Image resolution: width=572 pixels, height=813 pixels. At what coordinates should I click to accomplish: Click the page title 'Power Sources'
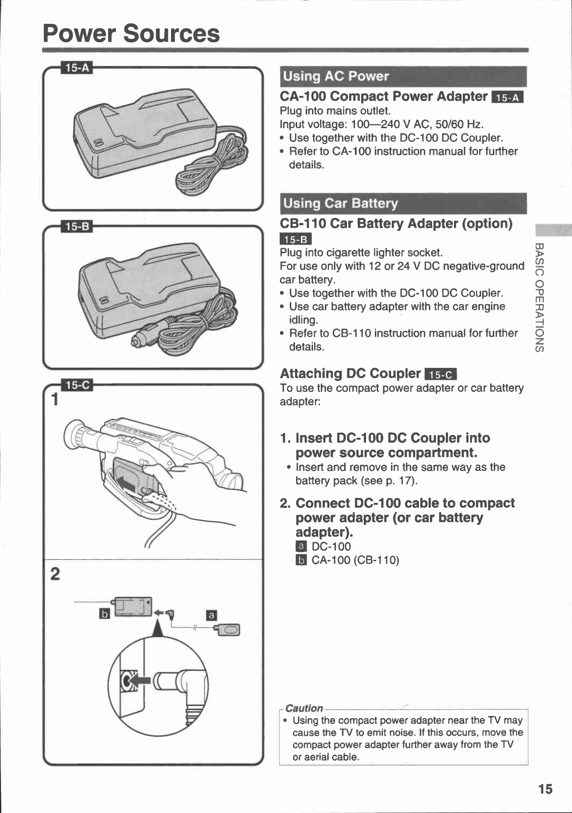pyautogui.click(x=131, y=33)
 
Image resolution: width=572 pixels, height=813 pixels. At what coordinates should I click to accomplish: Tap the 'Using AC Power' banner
pyautogui.click(x=336, y=76)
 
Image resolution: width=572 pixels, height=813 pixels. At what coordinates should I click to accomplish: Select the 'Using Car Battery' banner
pyautogui.click(x=340, y=203)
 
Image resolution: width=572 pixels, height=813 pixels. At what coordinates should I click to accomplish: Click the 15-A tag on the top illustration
pyautogui.click(x=77, y=68)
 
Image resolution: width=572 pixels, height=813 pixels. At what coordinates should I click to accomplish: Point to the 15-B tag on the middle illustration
pyautogui.click(x=77, y=227)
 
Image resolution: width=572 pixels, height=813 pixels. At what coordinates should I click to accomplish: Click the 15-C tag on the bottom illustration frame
pyautogui.click(x=77, y=385)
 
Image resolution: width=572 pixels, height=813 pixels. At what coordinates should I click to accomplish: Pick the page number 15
pyautogui.click(x=544, y=789)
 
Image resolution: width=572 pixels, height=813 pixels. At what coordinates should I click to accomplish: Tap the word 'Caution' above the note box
pyautogui.click(x=303, y=708)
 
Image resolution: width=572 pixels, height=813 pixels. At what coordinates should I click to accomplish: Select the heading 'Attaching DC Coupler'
pyautogui.click(x=350, y=373)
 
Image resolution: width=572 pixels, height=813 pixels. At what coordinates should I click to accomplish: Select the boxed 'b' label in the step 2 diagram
pyautogui.click(x=105, y=613)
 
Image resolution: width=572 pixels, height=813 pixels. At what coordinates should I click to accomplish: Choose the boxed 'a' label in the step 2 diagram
pyautogui.click(x=211, y=615)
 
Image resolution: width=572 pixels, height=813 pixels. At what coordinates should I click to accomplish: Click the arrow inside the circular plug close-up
pyautogui.click(x=139, y=680)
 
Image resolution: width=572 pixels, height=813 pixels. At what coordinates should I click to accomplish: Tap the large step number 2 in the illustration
pyautogui.click(x=55, y=574)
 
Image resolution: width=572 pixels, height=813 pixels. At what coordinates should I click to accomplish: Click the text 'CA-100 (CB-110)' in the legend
pyautogui.click(x=355, y=560)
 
